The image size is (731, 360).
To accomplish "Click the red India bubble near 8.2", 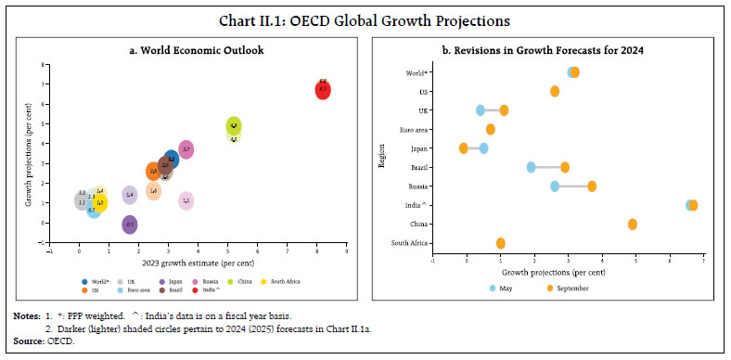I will [x=322, y=90].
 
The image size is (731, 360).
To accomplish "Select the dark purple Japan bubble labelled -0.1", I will [x=130, y=225].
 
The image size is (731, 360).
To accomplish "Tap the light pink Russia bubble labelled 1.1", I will [x=186, y=201].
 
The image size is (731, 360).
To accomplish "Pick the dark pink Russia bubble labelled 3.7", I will [x=186, y=149].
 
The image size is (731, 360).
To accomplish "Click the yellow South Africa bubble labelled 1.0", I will [x=99, y=202].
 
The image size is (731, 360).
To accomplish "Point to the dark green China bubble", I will [x=234, y=126].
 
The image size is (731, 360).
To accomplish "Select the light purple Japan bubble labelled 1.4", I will [x=130, y=195].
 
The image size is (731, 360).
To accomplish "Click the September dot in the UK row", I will [x=504, y=109].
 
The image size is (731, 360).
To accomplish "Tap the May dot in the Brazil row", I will [x=531, y=167].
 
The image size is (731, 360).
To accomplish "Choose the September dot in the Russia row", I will [x=591, y=186].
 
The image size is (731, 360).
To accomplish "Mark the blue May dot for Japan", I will [x=483, y=148].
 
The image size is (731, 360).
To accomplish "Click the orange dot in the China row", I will [x=632, y=225].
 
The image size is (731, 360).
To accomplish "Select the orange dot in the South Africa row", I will [x=500, y=243].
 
